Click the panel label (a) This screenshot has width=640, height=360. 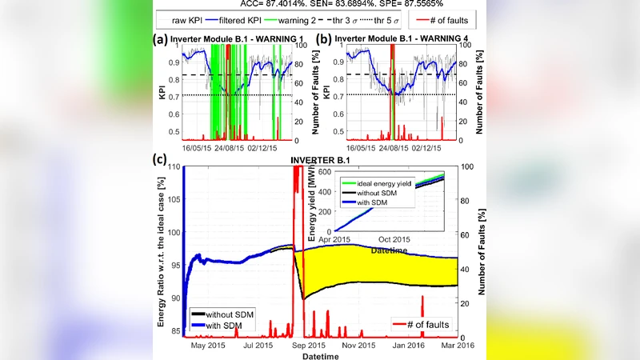click(x=162, y=38)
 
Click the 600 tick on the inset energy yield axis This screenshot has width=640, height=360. click(x=327, y=170)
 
